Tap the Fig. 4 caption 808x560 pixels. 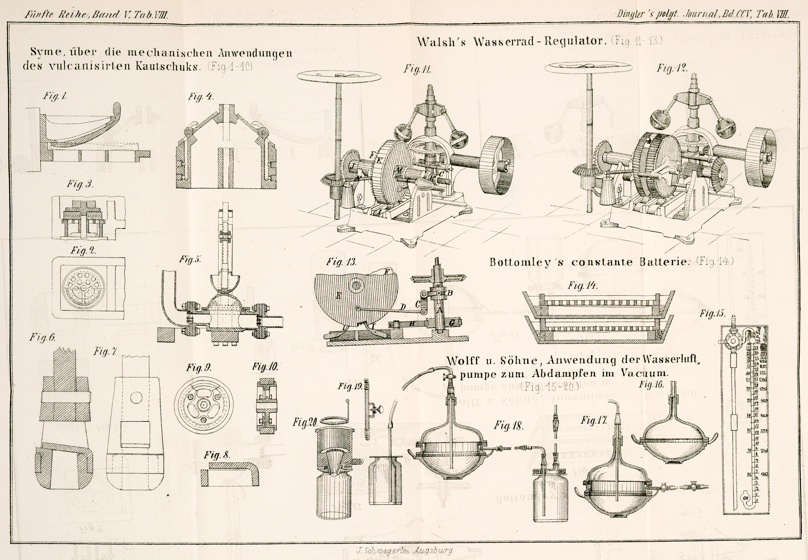pos(200,97)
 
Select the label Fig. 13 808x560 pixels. pos(341,262)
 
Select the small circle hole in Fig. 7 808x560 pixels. pos(136,398)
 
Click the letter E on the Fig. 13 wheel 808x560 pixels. pos(338,296)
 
